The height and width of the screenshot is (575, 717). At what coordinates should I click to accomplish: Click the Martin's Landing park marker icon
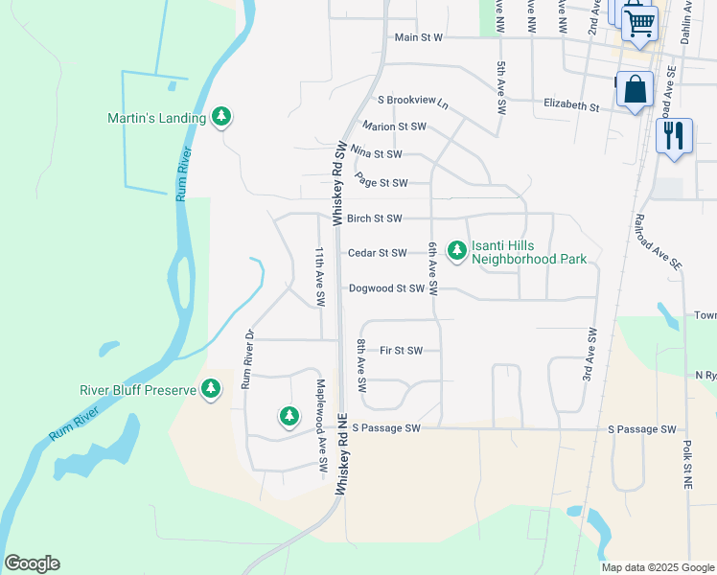tap(221, 117)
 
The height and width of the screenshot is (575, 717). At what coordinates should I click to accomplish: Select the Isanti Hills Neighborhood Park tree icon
tap(457, 250)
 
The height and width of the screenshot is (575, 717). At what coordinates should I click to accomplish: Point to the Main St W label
tap(419, 38)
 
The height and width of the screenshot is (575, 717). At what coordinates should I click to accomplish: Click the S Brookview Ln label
tap(413, 101)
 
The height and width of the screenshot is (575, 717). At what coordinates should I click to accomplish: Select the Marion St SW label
tap(394, 126)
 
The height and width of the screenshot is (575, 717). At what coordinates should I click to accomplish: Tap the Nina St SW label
tap(377, 153)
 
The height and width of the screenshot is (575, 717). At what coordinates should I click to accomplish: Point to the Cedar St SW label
tap(378, 253)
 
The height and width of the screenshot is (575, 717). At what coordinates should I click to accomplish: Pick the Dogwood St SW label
tap(386, 287)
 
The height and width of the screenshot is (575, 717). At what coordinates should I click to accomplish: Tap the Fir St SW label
tap(401, 351)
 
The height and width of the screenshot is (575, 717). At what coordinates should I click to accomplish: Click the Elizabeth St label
tap(571, 103)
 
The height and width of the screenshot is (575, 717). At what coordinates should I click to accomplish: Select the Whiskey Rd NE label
tap(340, 453)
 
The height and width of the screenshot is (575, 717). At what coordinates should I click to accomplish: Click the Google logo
tap(32, 563)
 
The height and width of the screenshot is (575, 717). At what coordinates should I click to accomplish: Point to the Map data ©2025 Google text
tap(657, 567)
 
